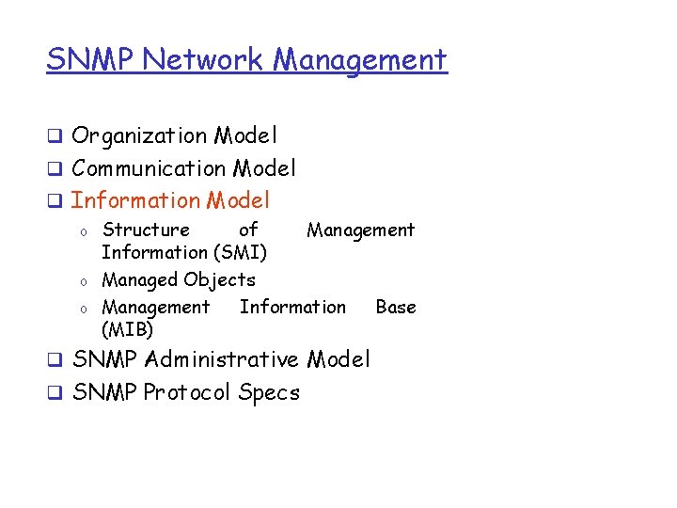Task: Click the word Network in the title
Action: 206,59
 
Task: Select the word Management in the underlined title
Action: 360,59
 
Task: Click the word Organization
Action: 139,136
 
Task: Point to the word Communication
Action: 149,168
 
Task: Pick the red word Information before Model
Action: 136,200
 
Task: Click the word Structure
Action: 146,230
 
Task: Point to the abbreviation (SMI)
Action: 239,252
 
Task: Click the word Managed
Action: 140,279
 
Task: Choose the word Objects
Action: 219,279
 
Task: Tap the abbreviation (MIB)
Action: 127,329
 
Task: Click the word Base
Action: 395,307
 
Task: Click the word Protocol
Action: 187,392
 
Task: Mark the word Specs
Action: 269,392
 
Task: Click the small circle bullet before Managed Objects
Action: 84,281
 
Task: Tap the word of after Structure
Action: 248,230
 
